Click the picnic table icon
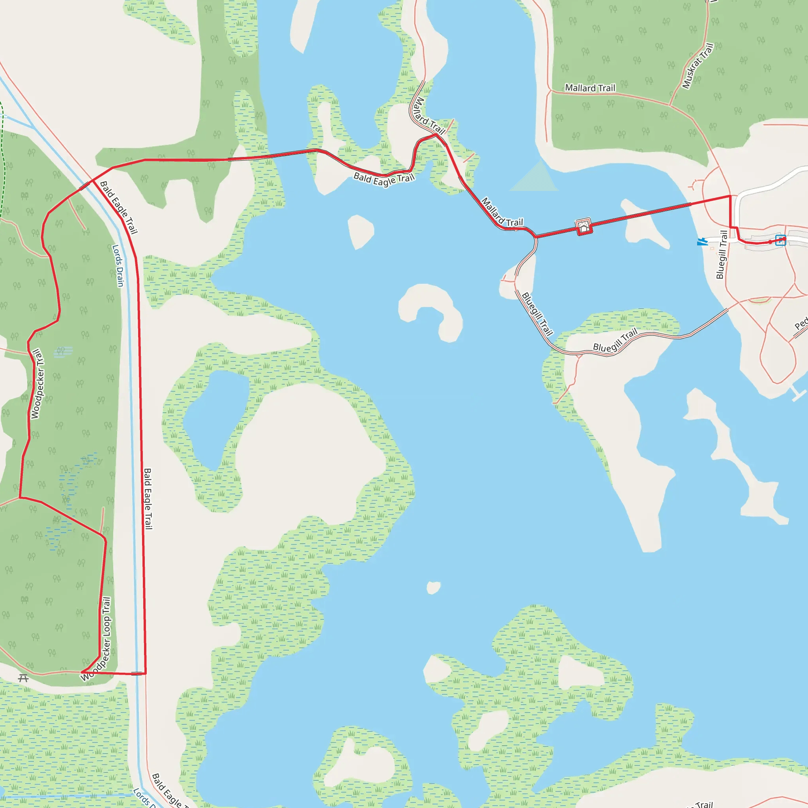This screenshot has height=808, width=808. click(23, 678)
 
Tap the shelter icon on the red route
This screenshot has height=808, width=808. click(584, 227)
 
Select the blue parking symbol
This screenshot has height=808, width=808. click(780, 240)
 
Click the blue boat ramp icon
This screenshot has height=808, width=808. click(701, 242)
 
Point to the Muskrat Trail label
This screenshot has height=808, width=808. click(698, 66)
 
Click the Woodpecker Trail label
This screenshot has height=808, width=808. click(37, 384)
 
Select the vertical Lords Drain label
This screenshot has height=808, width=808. click(118, 266)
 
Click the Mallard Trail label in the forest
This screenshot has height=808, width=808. click(590, 88)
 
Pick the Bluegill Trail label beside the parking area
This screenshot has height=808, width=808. click(722, 254)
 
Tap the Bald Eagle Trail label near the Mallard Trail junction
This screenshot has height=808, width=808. click(384, 180)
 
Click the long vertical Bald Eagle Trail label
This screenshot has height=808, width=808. click(148, 499)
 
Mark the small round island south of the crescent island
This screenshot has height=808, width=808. click(433, 587)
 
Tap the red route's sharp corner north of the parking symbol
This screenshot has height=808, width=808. click(730, 196)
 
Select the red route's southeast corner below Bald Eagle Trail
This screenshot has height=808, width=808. click(145, 673)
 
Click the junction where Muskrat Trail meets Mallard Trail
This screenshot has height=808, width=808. click(670, 105)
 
